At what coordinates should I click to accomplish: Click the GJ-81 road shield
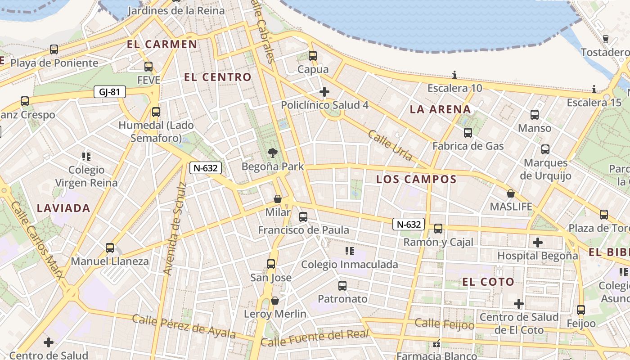pos(109,92)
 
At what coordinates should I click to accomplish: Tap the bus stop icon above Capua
pos(313,56)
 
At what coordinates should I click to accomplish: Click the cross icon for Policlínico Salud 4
pos(324,92)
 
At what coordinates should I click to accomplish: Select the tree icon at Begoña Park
pos(272,153)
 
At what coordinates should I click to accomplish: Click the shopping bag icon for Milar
pos(278,198)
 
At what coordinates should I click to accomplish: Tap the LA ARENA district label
pos(440,109)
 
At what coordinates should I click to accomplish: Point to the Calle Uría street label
pos(390,145)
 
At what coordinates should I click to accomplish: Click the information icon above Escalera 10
pos(454,75)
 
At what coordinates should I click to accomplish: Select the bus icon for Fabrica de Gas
pos(468,132)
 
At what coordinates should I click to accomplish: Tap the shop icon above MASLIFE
pos(511,193)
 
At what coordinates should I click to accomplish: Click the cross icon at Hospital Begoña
pos(537,243)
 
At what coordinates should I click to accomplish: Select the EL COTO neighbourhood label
pos(488,282)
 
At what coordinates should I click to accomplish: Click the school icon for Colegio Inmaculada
pos(349,251)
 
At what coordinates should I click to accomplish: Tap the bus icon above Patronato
pos(342,285)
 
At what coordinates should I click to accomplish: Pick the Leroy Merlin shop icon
pos(275,300)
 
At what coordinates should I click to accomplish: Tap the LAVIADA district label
pos(63,208)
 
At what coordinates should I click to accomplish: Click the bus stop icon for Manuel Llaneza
pos(109,247)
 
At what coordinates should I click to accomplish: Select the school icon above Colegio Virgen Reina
pos(86,157)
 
